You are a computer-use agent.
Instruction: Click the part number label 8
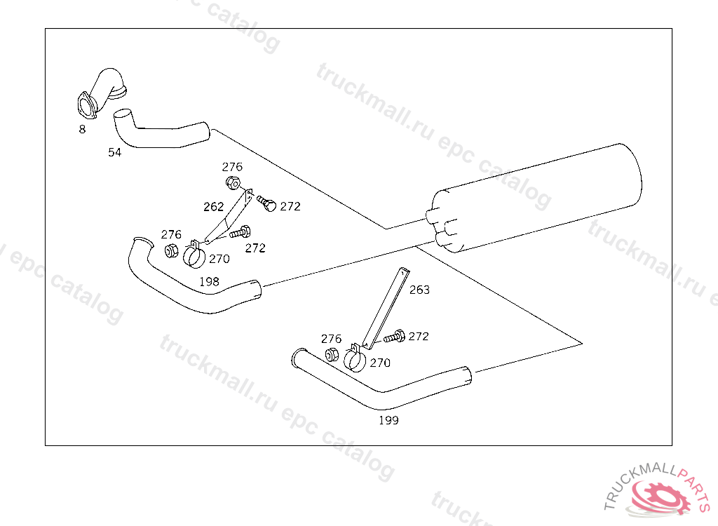point(82,130)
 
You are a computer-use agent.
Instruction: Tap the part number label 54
point(114,152)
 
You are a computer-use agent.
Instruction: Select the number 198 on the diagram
point(209,281)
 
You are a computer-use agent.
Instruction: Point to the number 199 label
point(388,420)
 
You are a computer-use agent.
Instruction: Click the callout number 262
point(213,207)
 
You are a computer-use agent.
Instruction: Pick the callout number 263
point(419,290)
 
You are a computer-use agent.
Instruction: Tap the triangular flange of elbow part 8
point(86,106)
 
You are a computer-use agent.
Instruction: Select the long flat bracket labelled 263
point(386,307)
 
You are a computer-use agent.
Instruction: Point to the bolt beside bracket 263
point(394,337)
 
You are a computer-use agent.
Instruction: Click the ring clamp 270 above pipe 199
point(355,359)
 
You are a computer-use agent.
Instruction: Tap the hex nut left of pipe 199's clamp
point(332,355)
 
